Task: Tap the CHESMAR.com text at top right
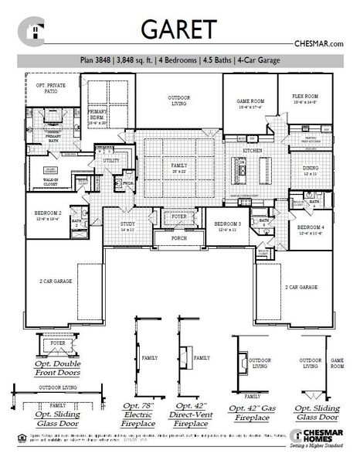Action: point(319,44)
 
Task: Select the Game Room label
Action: point(250,101)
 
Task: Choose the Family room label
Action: point(179,165)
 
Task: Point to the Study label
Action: point(127,225)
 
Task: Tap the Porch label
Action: point(179,239)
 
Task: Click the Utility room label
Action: point(110,160)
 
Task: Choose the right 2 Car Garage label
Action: point(301,287)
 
